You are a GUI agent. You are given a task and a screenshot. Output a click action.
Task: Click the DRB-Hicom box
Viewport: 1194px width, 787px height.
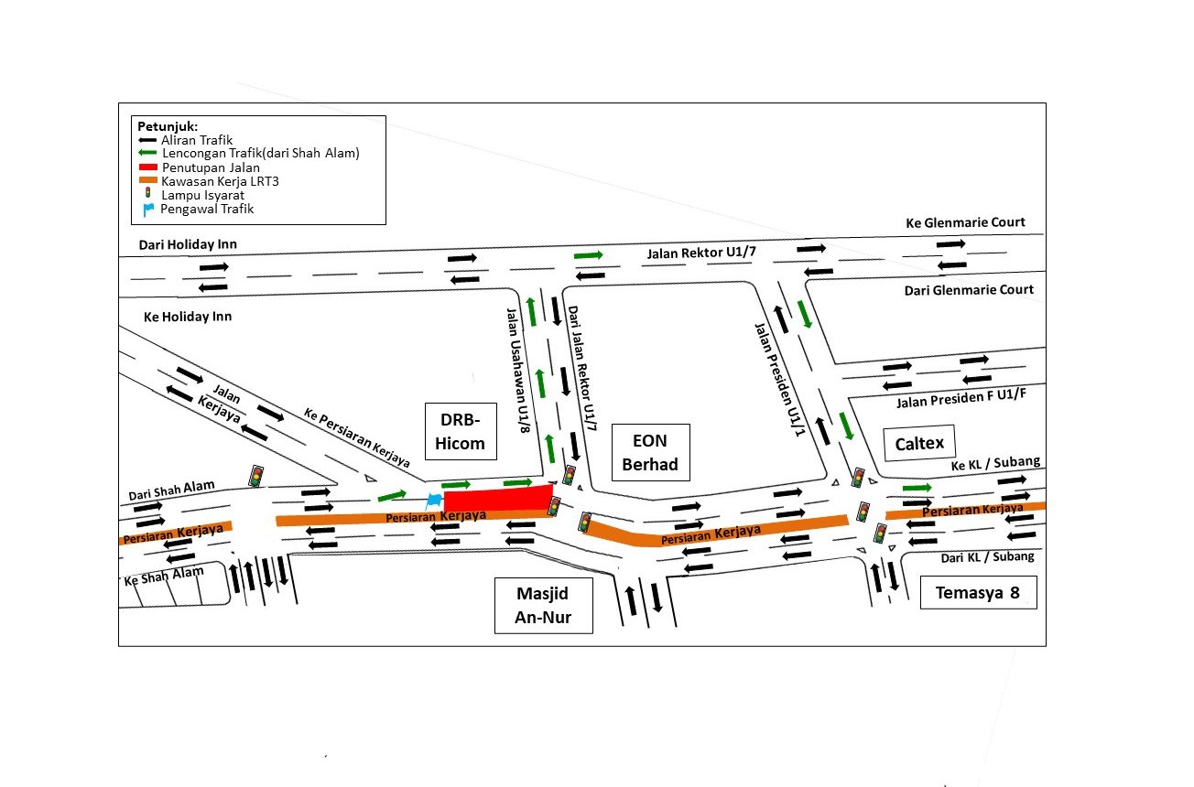click(461, 431)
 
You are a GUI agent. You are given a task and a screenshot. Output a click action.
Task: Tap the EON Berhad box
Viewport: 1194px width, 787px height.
click(650, 452)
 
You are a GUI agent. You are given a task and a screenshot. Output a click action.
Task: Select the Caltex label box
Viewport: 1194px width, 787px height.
click(919, 443)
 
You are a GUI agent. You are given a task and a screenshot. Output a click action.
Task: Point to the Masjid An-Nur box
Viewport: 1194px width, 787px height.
click(543, 605)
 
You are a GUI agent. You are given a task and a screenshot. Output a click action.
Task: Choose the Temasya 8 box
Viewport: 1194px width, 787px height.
click(978, 592)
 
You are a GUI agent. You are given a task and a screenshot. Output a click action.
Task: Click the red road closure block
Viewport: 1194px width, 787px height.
click(498, 498)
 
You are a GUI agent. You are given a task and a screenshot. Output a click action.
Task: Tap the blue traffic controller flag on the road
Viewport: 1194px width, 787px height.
click(433, 501)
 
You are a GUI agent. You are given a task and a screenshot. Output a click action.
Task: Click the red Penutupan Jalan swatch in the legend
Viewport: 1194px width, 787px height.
click(147, 167)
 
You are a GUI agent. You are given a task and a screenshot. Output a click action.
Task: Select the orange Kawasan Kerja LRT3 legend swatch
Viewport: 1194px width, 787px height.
click(147, 180)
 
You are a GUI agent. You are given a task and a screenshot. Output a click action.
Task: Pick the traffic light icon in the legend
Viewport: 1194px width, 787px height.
click(147, 193)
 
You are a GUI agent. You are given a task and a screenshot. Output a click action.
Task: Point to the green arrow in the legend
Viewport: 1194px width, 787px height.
click(147, 153)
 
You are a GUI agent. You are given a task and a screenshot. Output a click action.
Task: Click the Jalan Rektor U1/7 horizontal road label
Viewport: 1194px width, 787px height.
click(701, 253)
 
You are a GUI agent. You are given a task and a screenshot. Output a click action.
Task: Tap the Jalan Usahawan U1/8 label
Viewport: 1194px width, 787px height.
click(518, 371)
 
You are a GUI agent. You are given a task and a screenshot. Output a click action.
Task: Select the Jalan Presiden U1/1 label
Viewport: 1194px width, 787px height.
click(780, 380)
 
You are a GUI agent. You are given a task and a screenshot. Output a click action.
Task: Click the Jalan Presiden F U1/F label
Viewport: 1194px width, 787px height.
click(961, 399)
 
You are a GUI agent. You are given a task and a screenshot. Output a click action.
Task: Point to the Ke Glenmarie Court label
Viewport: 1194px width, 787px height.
click(965, 222)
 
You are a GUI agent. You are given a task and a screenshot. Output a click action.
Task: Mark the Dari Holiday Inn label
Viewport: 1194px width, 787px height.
click(188, 244)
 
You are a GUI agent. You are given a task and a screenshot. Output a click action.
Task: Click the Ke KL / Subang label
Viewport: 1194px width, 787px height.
click(995, 463)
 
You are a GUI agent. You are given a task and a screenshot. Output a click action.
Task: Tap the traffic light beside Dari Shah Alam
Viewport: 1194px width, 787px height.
click(256, 476)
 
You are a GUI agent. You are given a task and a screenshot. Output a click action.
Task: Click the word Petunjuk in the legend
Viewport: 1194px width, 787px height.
click(168, 127)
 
